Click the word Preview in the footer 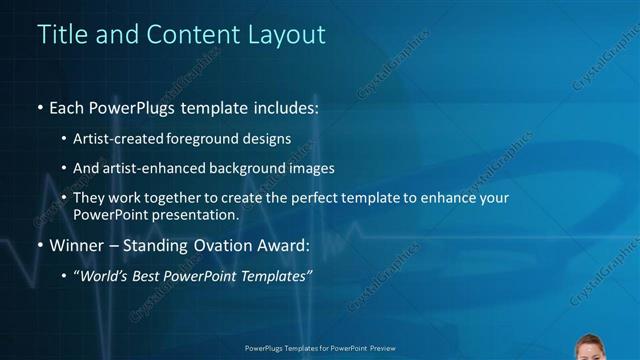[379, 349]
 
